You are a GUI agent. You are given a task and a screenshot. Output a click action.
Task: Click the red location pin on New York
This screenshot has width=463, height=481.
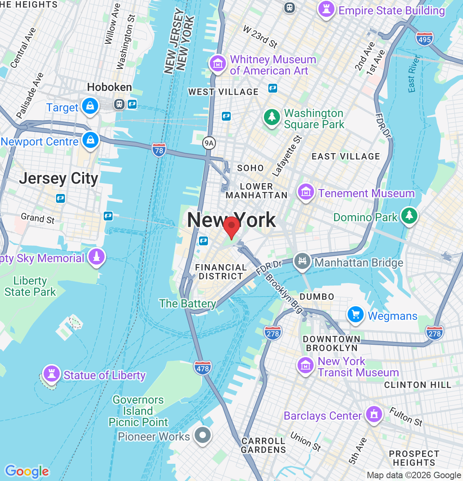[231, 227]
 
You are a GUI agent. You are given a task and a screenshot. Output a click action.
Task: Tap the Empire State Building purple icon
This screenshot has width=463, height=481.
[326, 9]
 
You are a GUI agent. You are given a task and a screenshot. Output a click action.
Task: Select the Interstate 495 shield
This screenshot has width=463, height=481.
[424, 38]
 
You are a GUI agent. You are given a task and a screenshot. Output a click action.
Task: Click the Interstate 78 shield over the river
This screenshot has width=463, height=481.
[159, 150]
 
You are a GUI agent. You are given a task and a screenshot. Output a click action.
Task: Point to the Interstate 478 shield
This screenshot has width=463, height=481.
[203, 368]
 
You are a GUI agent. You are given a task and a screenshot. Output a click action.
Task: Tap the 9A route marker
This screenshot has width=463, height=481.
[209, 143]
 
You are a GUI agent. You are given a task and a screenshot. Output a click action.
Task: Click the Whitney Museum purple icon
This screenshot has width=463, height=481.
[218, 64]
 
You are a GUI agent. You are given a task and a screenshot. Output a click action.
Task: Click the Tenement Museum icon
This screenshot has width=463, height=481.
[306, 192]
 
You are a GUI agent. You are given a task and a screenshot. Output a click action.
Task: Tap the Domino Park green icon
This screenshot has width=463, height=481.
[409, 216]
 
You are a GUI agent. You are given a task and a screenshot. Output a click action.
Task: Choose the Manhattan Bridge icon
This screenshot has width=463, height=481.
[302, 261]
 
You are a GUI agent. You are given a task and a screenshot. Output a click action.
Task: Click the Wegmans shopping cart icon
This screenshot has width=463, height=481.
[355, 315]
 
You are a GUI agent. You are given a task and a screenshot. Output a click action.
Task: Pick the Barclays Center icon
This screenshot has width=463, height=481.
[374, 414]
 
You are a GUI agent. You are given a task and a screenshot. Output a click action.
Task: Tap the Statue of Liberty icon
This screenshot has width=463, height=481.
[51, 373]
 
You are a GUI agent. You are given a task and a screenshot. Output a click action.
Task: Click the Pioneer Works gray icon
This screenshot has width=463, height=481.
[203, 435]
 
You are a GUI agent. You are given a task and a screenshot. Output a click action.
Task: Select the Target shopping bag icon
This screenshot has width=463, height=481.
[90, 106]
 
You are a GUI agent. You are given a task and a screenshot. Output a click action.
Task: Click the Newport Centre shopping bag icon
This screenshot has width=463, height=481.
[91, 140]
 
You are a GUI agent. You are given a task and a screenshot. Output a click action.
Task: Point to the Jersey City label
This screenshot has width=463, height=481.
[58, 178]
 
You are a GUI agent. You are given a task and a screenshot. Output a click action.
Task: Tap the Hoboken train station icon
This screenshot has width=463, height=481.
[119, 104]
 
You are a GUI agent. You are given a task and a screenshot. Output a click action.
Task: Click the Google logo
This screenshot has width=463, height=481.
[27, 471]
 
